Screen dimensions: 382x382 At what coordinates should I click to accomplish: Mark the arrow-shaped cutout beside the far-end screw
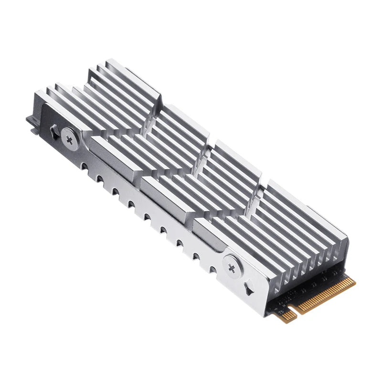pyautogui.click(x=53, y=130)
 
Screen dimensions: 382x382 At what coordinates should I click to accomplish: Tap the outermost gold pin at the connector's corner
pyautogui.click(x=354, y=281)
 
